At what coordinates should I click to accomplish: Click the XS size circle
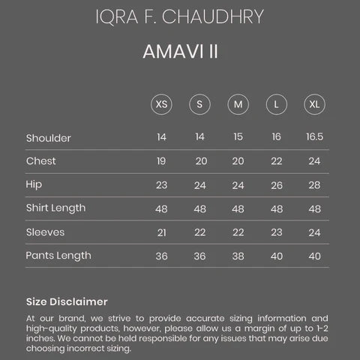(x=161, y=104)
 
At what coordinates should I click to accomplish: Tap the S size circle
(x=200, y=104)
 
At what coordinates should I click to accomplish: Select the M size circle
(x=238, y=104)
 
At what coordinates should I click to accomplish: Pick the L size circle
(x=276, y=104)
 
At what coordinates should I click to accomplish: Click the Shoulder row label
(x=49, y=138)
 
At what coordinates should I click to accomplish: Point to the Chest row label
(x=40, y=161)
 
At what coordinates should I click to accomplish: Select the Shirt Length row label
(x=55, y=208)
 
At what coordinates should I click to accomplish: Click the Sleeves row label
(x=45, y=232)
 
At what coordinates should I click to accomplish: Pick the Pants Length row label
(x=58, y=256)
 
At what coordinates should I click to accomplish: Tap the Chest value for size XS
(x=161, y=161)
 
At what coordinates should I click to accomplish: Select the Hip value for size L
(x=276, y=185)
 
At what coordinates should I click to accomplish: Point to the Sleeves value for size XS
(x=161, y=232)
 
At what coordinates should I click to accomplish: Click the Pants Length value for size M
(x=238, y=256)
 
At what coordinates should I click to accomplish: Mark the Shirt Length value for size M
(x=238, y=208)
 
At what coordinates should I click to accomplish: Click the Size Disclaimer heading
(x=67, y=301)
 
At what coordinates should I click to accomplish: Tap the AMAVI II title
(x=180, y=54)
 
